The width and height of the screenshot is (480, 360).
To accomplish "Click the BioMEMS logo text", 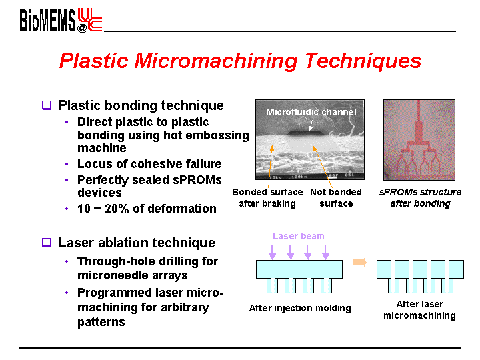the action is tap(47, 20).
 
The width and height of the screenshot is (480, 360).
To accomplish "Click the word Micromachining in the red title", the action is tap(216, 61).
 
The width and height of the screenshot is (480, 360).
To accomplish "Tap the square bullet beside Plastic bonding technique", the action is tap(47, 105).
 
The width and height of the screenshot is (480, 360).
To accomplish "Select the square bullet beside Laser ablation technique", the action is tap(47, 243).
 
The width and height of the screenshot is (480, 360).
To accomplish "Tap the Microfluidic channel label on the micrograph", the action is tap(311, 112).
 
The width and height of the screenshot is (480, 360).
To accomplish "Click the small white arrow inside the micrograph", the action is tap(311, 125).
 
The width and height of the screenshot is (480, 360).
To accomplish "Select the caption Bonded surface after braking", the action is tap(267, 198).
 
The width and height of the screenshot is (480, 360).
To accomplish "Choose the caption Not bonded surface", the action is tap(336, 198).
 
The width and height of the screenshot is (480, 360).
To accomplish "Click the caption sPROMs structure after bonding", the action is tap(420, 198).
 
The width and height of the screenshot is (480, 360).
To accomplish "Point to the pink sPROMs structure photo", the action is tap(419, 140).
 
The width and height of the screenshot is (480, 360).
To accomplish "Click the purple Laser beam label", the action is tap(299, 236).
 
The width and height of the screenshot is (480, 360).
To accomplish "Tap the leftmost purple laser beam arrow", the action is tap(272, 252).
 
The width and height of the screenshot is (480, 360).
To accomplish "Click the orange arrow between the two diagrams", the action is tap(359, 262).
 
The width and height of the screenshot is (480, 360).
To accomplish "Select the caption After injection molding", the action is tap(300, 308).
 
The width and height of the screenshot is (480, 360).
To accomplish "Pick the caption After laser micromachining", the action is tap(420, 309).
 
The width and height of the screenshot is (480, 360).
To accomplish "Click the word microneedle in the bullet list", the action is tap(113, 275).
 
